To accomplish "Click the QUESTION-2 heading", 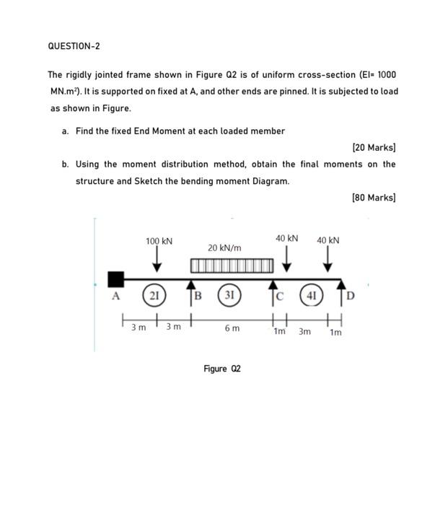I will (x=74, y=46).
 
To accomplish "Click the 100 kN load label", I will (x=159, y=241).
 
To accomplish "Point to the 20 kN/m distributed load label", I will (x=224, y=247).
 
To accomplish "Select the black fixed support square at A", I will (x=115, y=278).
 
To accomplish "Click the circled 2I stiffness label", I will (x=153, y=296).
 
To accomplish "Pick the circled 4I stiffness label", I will (x=312, y=295).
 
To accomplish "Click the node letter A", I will (x=114, y=296).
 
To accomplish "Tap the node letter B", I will (x=198, y=295).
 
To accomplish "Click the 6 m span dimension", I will (x=232, y=328).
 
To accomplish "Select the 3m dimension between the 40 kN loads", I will (x=305, y=332).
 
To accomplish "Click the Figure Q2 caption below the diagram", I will (x=222, y=369).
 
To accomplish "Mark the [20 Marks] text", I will (x=374, y=147).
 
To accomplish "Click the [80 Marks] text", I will (x=374, y=197).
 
